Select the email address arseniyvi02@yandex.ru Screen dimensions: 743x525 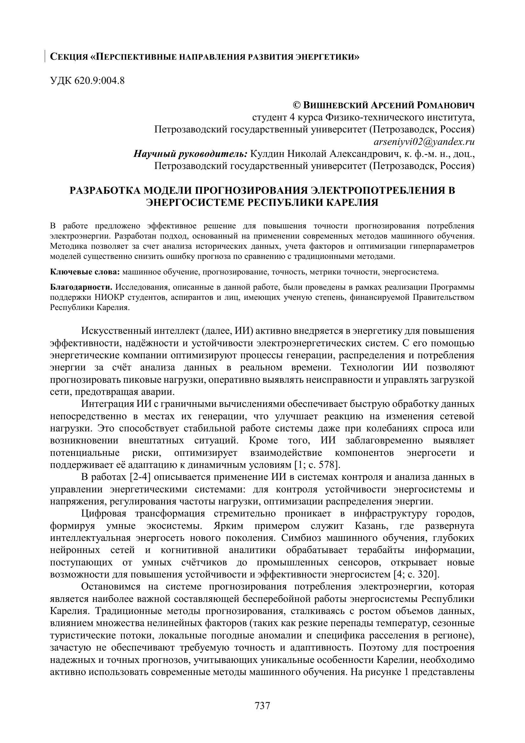click(424, 142)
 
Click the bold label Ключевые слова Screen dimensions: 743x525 click(85, 272)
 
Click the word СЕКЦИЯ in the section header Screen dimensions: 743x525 click(69, 57)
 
